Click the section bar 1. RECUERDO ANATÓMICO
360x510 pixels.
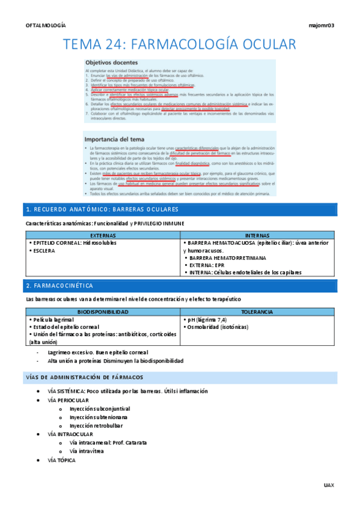click(x=102, y=209)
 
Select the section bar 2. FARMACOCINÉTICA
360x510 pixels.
click(x=60, y=284)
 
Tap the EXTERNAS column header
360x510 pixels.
click(x=103, y=236)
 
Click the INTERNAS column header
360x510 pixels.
click(x=258, y=236)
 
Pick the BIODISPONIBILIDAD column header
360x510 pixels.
click(x=103, y=312)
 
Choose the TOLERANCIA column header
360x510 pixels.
click(x=257, y=312)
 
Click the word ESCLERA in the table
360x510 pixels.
click(x=44, y=251)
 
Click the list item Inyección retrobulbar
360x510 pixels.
click(x=97, y=425)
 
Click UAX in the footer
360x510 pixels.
click(x=328, y=485)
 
